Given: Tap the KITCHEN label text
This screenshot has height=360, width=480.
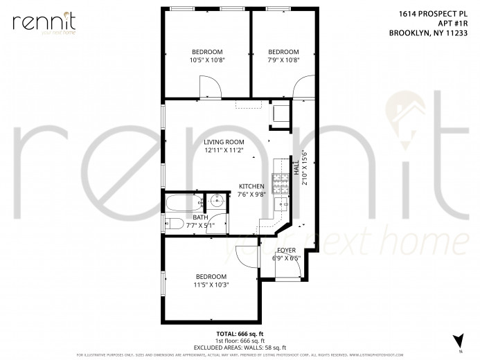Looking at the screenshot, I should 251,187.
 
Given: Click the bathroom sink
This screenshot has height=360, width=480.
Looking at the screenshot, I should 217,202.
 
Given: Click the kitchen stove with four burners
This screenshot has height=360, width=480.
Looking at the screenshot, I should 282,183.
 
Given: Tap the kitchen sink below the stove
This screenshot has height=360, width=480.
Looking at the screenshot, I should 281,204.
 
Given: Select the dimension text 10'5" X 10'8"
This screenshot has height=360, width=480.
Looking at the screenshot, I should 207,60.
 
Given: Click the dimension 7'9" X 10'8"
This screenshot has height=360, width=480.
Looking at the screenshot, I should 283,60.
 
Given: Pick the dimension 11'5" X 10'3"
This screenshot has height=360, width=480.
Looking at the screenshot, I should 211,284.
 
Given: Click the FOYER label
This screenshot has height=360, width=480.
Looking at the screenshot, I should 286,250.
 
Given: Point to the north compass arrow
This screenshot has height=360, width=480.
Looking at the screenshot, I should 456,341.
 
